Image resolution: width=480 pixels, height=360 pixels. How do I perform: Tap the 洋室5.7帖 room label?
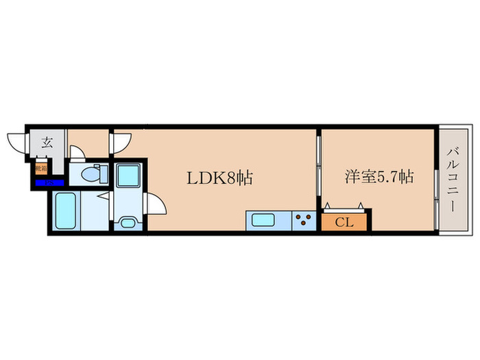point(378,177)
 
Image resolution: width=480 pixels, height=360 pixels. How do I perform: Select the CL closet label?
point(346,221)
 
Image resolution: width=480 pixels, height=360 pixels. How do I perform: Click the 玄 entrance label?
point(47,143)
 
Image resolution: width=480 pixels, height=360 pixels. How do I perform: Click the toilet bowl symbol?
point(90,175)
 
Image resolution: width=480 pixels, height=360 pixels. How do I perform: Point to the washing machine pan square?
point(128,176)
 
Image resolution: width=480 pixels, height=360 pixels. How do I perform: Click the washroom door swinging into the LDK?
point(156,205)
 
